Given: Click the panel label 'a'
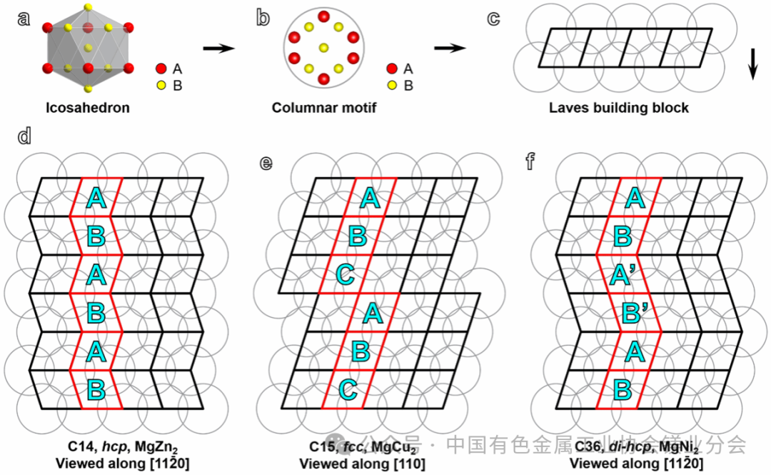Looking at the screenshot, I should pyautogui.click(x=24, y=18).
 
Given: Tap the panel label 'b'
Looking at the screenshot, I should pyautogui.click(x=263, y=18).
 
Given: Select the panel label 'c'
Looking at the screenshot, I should pyautogui.click(x=493, y=18).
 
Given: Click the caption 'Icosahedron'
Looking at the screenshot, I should pyautogui.click(x=89, y=109).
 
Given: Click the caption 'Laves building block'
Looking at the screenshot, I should pyautogui.click(x=618, y=109).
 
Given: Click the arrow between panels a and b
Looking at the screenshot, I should pyautogui.click(x=218, y=49).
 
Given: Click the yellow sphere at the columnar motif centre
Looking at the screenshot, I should pyautogui.click(x=323, y=48).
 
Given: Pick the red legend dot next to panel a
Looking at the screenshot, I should pyautogui.click(x=161, y=69).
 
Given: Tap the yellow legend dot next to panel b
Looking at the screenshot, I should pyautogui.click(x=392, y=86).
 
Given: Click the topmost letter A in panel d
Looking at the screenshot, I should pyautogui.click(x=96, y=198).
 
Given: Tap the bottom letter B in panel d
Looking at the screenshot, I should pyautogui.click(x=96, y=390).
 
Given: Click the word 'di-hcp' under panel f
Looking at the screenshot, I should pyautogui.click(x=628, y=447).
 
